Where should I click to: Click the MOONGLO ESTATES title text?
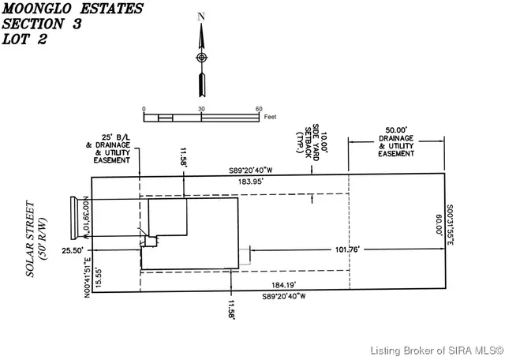pos(73,9)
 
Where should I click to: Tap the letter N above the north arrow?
pos(201,17)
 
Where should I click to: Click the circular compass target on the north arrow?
pos(201,58)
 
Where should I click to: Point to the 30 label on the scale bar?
pos(201,109)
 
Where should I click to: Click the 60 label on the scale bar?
pos(259,109)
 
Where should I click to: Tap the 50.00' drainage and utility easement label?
pos(395,141)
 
